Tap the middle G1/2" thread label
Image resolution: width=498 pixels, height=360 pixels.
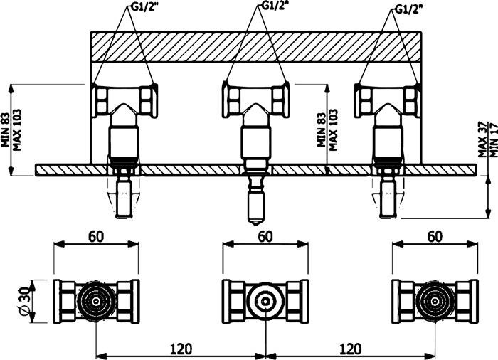click(275, 6)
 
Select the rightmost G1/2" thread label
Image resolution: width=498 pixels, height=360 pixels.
click(408, 9)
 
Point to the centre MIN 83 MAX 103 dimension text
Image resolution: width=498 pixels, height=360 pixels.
click(327, 129)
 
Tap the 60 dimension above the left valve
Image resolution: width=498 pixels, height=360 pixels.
click(96, 236)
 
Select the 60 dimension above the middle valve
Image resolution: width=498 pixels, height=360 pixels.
click(265, 236)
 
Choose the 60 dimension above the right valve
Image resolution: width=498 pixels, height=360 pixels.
click(435, 236)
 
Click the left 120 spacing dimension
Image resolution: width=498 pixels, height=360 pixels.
click(181, 349)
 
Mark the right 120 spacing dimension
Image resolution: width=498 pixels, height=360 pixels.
click(350, 349)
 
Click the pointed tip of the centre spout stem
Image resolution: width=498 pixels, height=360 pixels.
click(255, 225)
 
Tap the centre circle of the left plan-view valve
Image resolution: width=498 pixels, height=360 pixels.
click(96, 301)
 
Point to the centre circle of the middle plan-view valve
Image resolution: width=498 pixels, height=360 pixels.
click(265, 301)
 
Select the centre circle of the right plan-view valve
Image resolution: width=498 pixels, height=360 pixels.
click(435, 301)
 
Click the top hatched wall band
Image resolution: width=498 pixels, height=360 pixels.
click(255, 46)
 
